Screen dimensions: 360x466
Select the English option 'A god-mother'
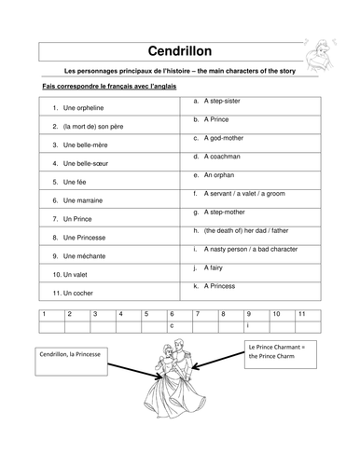[226, 138]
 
